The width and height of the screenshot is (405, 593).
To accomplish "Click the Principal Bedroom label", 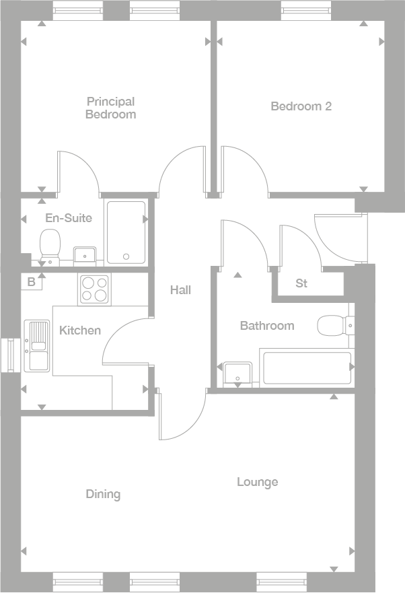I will coord(110,108).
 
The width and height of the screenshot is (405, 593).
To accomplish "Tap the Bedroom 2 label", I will coord(301,106).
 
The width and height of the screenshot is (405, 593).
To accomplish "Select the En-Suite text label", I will coord(68,218).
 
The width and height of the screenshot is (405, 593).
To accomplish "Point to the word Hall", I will coord(180,290).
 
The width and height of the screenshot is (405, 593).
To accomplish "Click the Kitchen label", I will coord(80,330).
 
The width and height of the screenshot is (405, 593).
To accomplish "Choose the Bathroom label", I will coord(267,326).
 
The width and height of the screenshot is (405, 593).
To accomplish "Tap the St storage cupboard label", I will coord(301,283).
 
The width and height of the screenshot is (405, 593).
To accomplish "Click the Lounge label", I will coord(257,483).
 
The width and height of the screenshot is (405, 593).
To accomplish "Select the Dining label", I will coord(103,495).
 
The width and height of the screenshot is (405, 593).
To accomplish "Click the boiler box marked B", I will coord(31,282).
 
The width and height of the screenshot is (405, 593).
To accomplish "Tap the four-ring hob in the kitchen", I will coord(95,289).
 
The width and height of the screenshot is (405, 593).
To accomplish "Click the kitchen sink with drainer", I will coord(36,345).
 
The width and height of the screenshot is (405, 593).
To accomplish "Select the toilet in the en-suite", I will coord(50,245).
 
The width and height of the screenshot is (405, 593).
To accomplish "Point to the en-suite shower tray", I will coord(126,232).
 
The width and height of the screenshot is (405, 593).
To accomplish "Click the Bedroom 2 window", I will coord(306,9).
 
